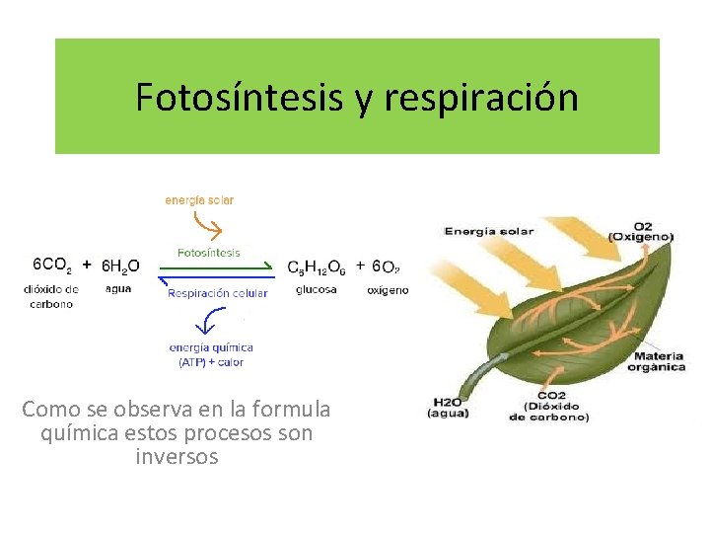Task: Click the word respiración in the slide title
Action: tap(480, 98)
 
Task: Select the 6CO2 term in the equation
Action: tap(51, 266)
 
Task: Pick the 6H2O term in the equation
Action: tap(120, 266)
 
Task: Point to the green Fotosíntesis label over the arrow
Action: tap(208, 253)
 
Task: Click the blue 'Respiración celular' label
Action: tap(218, 293)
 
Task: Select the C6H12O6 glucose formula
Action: tap(317, 266)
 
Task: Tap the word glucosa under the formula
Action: tap(316, 289)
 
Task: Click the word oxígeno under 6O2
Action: tap(388, 290)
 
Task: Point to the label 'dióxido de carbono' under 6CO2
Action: tap(50, 296)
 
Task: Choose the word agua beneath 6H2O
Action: tap(118, 289)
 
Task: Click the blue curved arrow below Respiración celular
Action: tap(208, 320)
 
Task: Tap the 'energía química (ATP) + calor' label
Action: tap(211, 354)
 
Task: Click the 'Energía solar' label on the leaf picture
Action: tap(489, 232)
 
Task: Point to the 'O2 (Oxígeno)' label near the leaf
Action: tap(640, 231)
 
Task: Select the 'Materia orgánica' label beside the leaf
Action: tap(660, 361)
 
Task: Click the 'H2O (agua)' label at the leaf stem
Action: tap(447, 408)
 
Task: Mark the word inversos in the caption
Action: tap(177, 457)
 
